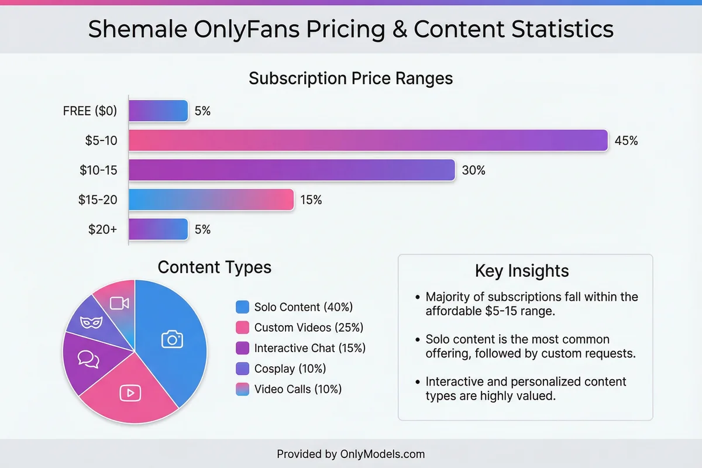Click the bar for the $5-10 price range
pos(369,140)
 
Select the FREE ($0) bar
pos(159,111)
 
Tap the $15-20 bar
pos(211,199)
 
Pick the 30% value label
pos(473,170)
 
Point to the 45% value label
pos(626,140)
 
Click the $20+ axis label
pos(102,229)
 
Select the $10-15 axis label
pos(98,170)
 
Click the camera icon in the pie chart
pos(172,339)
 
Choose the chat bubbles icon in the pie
pos(88,359)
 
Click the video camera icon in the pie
pos(119,302)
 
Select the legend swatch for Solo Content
pos(242,307)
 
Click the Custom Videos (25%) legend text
pos(309,328)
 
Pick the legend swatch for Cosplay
pos(242,369)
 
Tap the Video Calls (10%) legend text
pos(298,389)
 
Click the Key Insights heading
pos(522,271)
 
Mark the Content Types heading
pos(215,267)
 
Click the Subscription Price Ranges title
pos(351,78)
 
